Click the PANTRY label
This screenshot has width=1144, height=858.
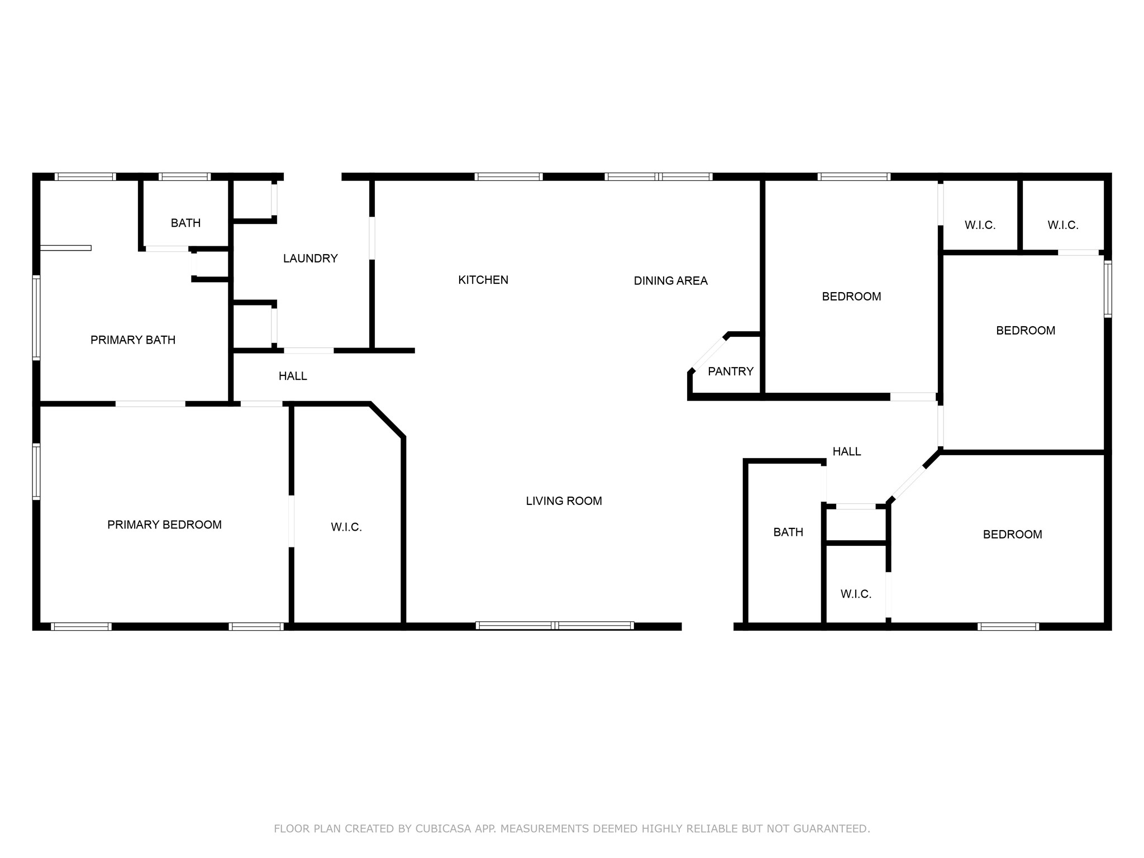pos(730,371)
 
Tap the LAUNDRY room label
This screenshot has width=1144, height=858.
pos(310,259)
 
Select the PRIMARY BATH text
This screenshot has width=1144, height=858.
pos(133,340)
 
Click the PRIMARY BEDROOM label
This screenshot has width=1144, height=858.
pos(164,525)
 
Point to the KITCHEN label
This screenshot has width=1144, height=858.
pos(483,280)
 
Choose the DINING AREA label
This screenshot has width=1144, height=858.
pos(670,281)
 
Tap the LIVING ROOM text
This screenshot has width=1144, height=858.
pos(564,501)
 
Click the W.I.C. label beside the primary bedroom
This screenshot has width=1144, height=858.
pos(346,527)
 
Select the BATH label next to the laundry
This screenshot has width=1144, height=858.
pos(185,223)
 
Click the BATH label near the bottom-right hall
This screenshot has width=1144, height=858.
pos(788,532)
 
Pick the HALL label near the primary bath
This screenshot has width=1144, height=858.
pos(293,376)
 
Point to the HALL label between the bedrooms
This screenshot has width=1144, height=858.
pos(846,451)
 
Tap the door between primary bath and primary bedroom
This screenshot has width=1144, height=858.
pos(150,403)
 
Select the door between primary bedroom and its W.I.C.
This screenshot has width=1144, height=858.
pos(291,521)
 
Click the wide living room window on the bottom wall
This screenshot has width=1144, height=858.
pos(555,626)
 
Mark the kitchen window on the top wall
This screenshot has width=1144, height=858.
pos(508,177)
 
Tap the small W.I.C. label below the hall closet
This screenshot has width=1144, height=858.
pos(856,594)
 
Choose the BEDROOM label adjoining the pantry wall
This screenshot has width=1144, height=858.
pos(851,297)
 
